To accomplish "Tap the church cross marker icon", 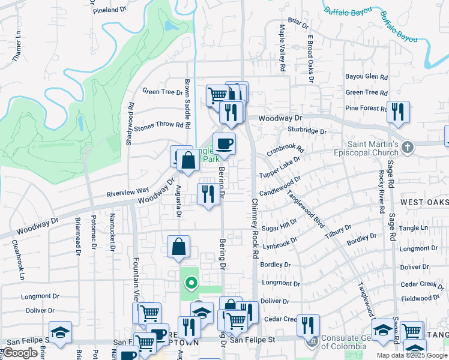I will (x=408, y=148).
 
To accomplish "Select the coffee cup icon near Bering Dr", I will (x=224, y=144).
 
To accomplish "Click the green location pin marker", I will (x=191, y=282).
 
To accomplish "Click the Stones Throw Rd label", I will (x=158, y=125).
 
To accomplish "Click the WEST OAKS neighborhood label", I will (x=424, y=203).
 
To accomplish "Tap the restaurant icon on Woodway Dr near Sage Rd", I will (x=397, y=112).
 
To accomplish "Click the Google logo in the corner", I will (x=20, y=353).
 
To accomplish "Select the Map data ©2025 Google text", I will (x=412, y=355).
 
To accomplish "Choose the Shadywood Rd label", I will (x=129, y=123).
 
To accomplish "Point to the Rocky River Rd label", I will (x=381, y=192).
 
